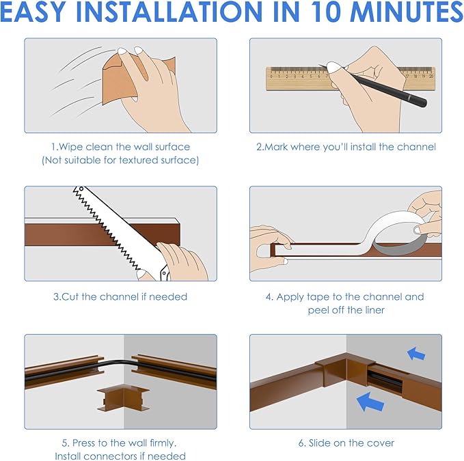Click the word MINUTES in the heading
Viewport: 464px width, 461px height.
coord(407,12)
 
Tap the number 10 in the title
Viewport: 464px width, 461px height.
coord(324,12)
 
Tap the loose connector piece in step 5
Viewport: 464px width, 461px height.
coord(124,399)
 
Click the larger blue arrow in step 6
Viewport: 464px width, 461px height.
coord(370,402)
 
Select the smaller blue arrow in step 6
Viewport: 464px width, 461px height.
coord(416,354)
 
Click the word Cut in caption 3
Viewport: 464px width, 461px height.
coord(70,296)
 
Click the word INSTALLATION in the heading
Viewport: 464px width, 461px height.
coord(169,12)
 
